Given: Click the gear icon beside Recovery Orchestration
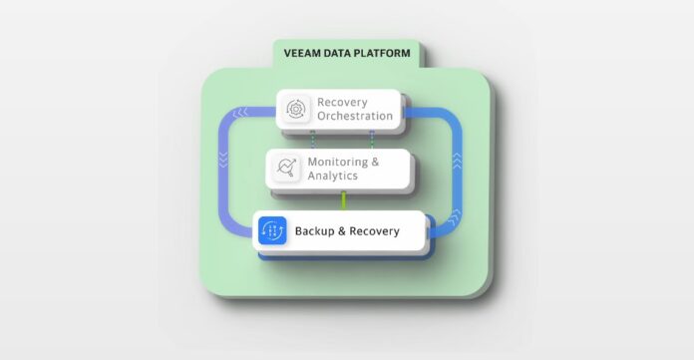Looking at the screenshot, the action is pos(296,109).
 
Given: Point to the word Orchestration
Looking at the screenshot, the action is pos(355,116).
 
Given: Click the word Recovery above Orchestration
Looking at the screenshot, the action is pos(342,103).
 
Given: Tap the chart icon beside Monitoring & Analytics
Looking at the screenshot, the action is pos(286,167).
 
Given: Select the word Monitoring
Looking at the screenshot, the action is pos(338,163).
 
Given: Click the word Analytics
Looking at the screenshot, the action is pos(333,176).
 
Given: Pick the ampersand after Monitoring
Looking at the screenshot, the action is pos(375,162).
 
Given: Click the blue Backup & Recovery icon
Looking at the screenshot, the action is pos(272,230).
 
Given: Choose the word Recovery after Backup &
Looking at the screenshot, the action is pos(375,231).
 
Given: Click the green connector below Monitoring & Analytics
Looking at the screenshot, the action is pos(343,200).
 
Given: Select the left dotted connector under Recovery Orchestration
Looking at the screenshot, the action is pos(312,140).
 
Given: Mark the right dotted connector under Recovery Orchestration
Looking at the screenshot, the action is pos(372,140).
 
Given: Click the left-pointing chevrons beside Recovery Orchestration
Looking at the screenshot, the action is pos(240,113).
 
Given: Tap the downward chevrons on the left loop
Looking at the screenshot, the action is pos(223,160).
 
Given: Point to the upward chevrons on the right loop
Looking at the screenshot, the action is pos(457,161).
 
